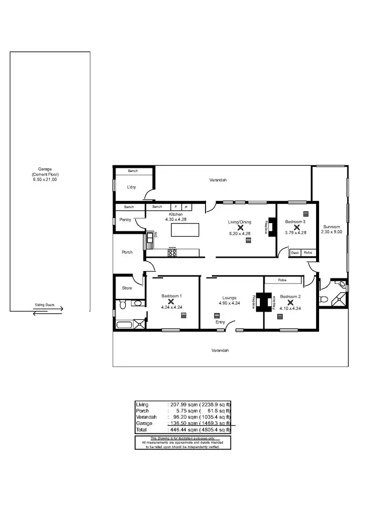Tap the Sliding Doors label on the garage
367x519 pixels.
[44, 304]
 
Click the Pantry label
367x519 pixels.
[125, 220]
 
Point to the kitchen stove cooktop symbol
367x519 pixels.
[172, 252]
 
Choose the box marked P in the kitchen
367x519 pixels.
[186, 207]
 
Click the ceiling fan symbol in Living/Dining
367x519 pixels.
[240, 227]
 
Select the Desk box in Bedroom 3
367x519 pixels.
[295, 253]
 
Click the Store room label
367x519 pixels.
[127, 288]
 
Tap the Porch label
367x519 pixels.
[127, 252]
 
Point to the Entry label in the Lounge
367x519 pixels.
[220, 322]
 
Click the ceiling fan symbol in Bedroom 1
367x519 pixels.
[171, 301]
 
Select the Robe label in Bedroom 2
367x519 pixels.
[282, 280]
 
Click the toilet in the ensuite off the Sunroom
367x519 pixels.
[322, 298]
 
